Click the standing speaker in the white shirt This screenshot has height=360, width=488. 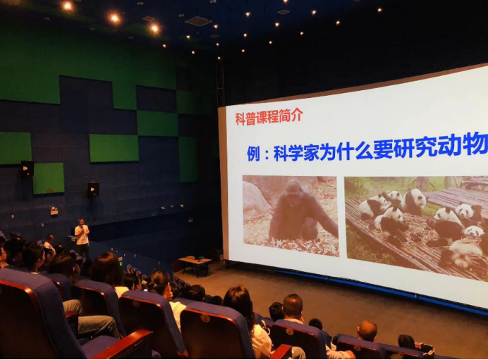[83, 236]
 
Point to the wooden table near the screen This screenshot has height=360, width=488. [194, 262]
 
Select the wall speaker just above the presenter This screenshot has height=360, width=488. [92, 189]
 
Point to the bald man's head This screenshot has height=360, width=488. [367, 329]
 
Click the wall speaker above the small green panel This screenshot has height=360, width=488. [27, 168]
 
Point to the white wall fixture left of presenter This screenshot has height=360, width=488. [54, 210]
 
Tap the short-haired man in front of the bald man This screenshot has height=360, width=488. [293, 308]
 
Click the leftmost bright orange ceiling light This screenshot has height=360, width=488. [67, 6]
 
